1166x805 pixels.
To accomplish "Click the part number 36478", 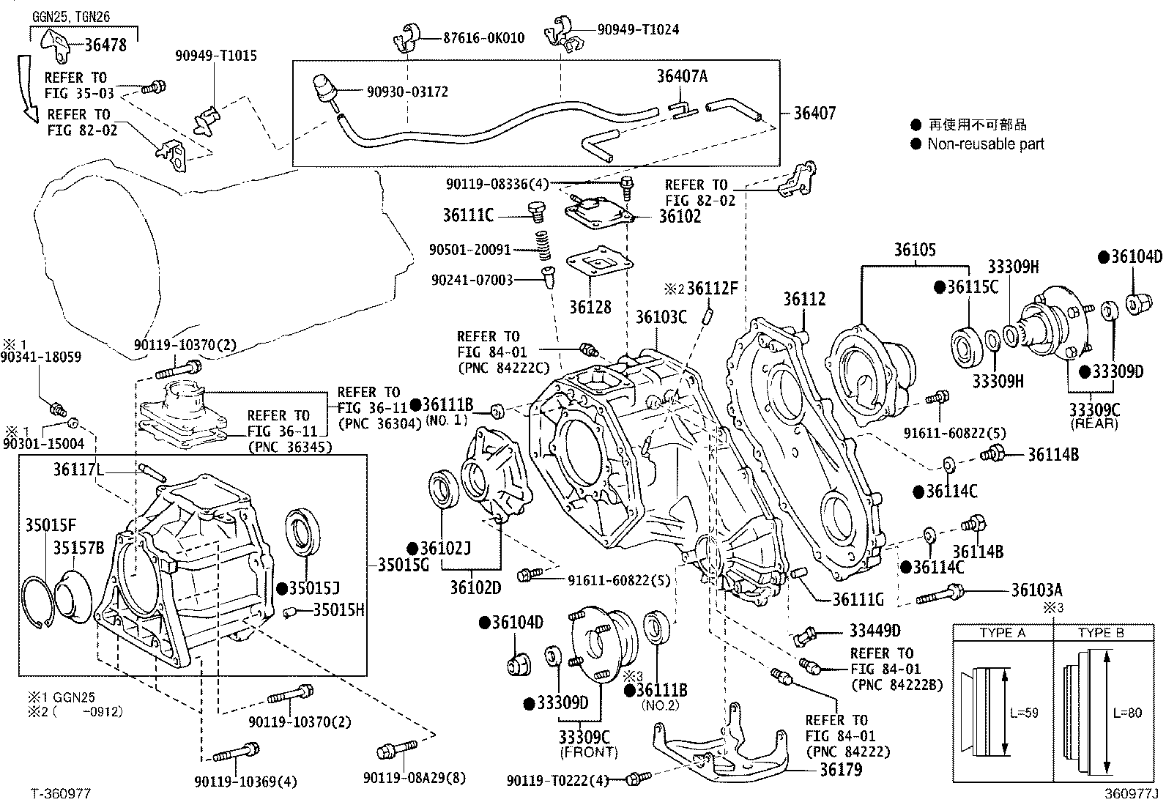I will point(105,45).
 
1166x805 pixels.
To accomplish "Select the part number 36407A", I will point(681,76).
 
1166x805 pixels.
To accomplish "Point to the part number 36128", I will point(590,307).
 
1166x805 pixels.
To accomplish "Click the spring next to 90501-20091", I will point(543,245).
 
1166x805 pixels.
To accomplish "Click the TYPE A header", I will point(1002,633).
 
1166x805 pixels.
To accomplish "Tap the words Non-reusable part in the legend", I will point(985,144).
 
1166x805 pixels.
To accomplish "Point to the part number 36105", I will point(914,250).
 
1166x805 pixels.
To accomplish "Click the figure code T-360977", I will point(61,793).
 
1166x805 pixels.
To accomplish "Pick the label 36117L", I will point(78,468).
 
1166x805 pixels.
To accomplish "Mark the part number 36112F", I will point(712,289).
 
